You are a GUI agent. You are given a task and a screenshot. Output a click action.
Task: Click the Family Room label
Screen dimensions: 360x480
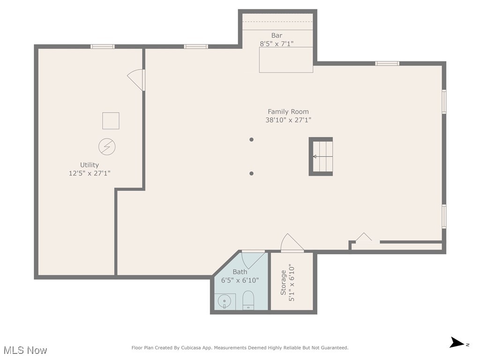288,112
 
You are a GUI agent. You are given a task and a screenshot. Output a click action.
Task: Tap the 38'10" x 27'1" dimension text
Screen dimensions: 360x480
288,120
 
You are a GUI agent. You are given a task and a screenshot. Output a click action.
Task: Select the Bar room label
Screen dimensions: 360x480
277,36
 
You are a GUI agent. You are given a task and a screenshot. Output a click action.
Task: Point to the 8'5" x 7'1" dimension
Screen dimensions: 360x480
277,44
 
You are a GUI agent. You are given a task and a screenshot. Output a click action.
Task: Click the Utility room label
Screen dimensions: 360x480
89,165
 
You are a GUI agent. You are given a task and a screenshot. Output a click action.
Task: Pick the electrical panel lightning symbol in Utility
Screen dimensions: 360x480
107,147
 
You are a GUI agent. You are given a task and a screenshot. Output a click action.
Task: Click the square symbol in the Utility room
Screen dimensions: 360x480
111,121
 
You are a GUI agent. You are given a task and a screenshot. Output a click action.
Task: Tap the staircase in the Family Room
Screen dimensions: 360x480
321,157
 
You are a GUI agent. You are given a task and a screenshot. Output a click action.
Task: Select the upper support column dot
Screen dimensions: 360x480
251,139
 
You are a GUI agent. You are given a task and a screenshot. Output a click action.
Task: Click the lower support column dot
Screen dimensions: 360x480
251,173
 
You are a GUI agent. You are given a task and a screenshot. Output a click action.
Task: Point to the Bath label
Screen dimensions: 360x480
240,272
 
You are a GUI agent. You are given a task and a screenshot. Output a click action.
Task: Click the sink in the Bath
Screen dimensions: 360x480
225,301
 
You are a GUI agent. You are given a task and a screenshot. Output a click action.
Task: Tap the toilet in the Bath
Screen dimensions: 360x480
248,300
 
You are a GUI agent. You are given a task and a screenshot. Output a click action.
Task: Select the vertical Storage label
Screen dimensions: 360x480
283,283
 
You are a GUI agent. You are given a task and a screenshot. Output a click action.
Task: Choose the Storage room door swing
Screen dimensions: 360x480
291,243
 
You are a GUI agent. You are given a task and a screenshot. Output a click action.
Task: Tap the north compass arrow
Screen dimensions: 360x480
457,343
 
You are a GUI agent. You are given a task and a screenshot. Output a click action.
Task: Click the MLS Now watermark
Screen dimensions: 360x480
25,350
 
